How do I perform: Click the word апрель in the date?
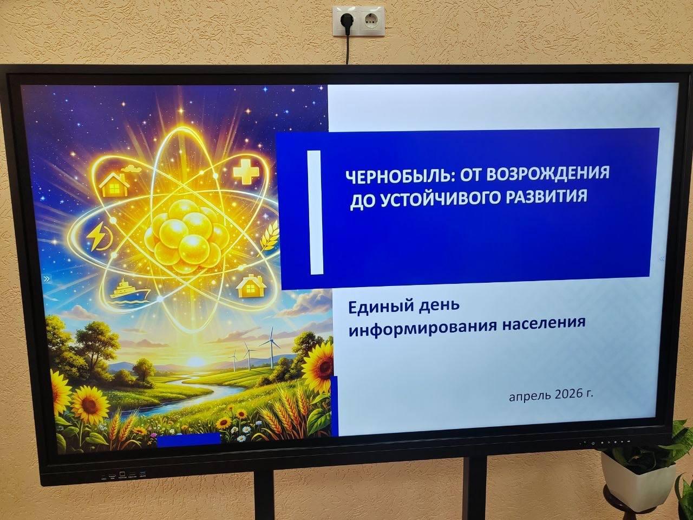pos(530,396)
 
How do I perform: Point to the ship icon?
pos(129,288)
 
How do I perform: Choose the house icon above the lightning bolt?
pos(114,183)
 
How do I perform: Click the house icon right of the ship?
pos(250,285)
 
